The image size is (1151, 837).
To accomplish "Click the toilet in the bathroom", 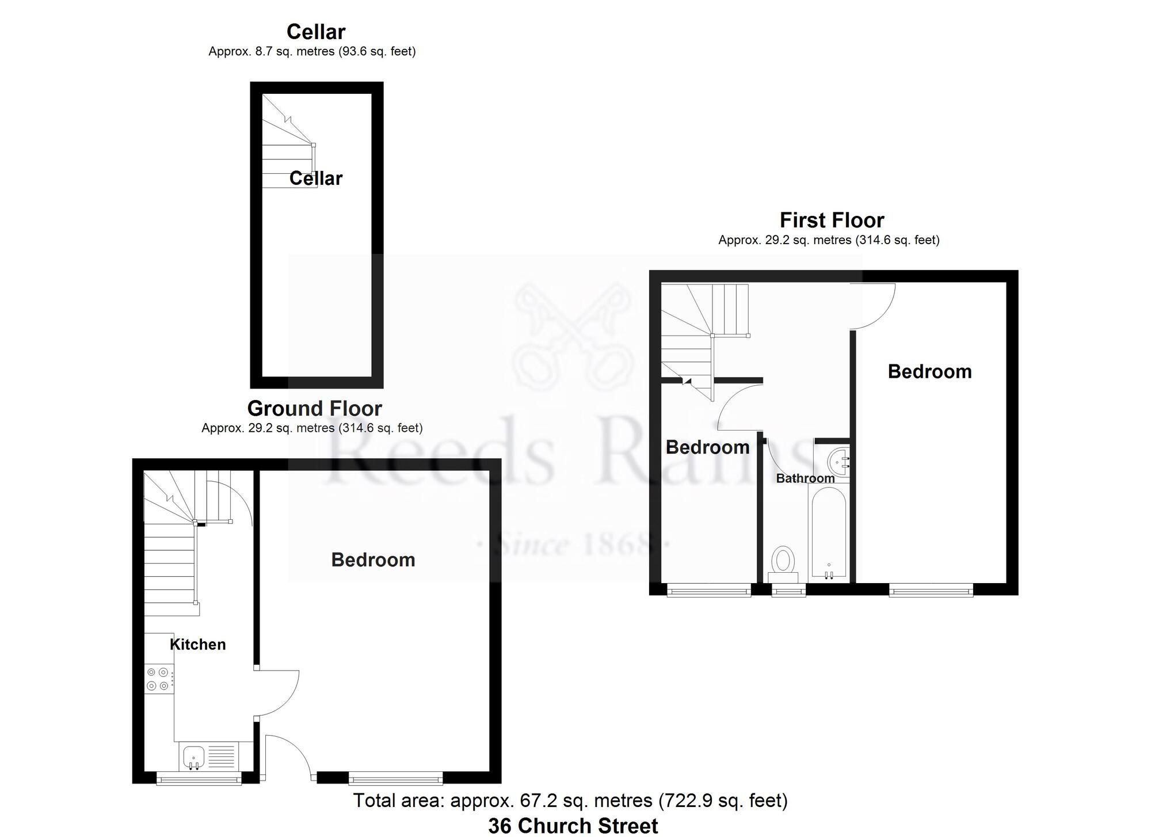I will [x=783, y=561].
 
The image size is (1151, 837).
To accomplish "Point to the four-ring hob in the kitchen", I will [x=158, y=679].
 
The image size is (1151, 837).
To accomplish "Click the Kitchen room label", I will [x=197, y=644].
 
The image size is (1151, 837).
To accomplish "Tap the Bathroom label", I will [x=805, y=478].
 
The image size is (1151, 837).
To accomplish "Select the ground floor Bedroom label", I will [x=373, y=560].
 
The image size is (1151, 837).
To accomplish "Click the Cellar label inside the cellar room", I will [x=315, y=178].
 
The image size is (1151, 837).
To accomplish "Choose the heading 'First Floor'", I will [x=832, y=220].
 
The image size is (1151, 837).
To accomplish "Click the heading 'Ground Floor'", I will [x=314, y=408].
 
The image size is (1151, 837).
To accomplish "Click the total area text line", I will [x=570, y=800].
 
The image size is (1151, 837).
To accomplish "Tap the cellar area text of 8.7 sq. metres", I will [x=311, y=51].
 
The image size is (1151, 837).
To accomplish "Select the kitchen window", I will [x=199, y=779].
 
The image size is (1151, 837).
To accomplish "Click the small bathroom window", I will [x=788, y=591].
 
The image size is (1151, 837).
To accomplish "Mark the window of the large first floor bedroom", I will [x=931, y=590].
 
